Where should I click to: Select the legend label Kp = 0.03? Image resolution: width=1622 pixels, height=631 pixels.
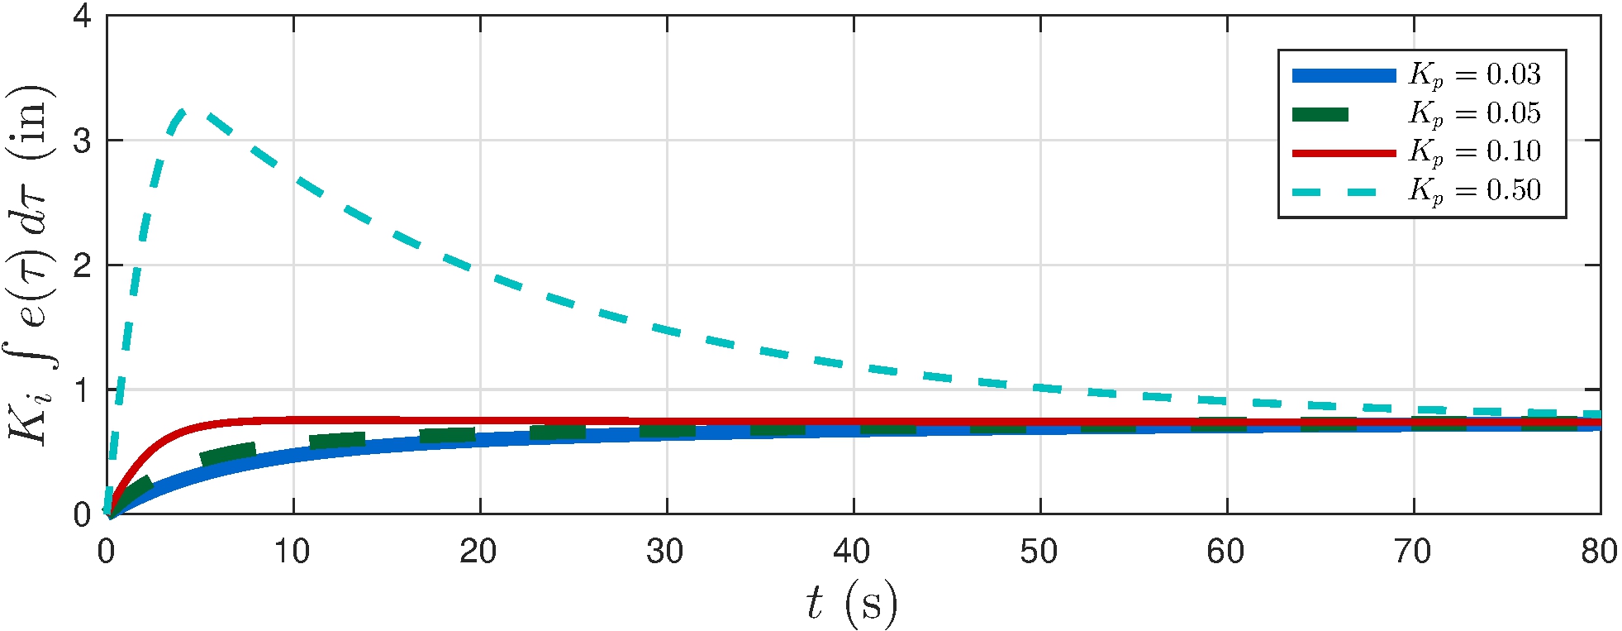[1474, 75]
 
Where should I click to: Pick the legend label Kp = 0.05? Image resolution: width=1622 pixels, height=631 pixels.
[1474, 114]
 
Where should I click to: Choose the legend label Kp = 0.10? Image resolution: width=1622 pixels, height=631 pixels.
[1474, 152]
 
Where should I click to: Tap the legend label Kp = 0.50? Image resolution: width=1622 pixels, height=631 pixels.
[1474, 191]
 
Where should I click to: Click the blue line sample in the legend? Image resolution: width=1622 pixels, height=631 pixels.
[1344, 75]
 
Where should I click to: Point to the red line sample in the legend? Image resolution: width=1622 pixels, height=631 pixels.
[1344, 153]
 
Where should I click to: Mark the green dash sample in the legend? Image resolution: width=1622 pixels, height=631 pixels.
[1320, 114]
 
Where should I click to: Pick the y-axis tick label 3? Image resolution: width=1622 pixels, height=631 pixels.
[82, 141]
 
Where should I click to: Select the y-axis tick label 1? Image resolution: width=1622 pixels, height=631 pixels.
[82, 390]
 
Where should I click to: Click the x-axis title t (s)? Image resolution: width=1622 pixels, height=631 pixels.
[852, 603]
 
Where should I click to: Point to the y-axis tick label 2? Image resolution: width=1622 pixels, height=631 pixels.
[82, 265]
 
